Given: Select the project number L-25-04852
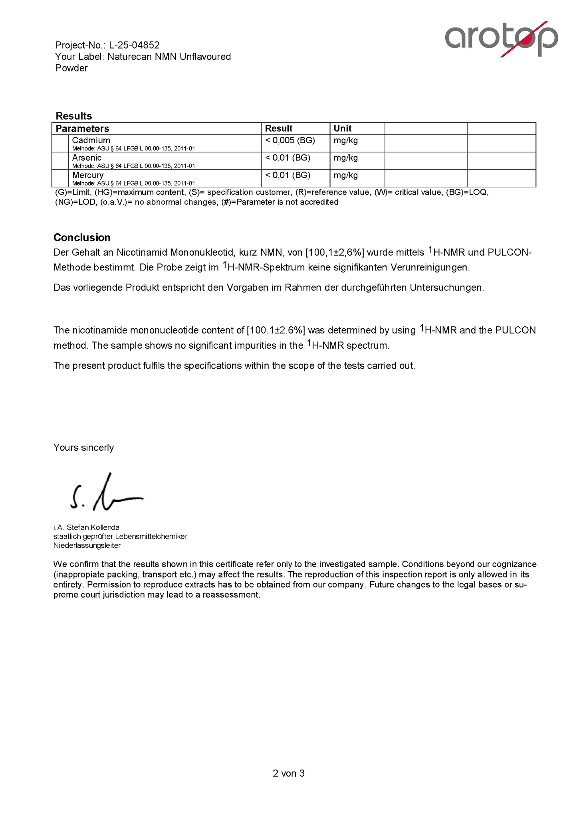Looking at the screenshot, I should click(x=134, y=45).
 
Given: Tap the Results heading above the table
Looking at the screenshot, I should click(x=74, y=116).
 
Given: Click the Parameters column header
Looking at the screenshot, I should click(x=82, y=128).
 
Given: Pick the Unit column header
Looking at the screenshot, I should click(x=343, y=128).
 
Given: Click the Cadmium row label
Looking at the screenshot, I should click(x=91, y=140).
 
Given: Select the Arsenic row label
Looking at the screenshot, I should click(x=87, y=158).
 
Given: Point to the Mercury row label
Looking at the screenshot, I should click(x=88, y=175).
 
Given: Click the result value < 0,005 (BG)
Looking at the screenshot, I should click(x=290, y=140).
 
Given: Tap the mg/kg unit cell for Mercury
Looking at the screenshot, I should click(x=346, y=175).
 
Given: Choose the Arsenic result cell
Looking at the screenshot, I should click(x=288, y=158).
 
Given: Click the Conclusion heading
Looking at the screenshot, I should click(x=82, y=238).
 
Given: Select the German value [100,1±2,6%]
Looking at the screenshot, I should click(x=335, y=253).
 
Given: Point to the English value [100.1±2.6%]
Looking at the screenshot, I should click(x=276, y=330).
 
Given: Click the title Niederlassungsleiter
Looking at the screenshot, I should click(x=87, y=545).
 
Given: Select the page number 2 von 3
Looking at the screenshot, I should click(x=288, y=774).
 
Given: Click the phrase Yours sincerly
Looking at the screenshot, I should click(x=83, y=448).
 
